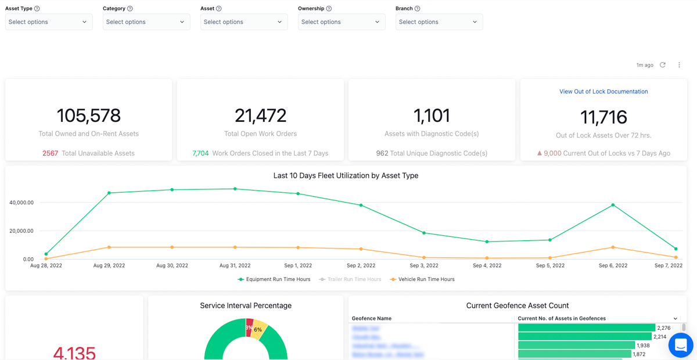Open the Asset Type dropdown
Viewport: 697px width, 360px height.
(49, 22)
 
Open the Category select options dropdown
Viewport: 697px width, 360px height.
(146, 22)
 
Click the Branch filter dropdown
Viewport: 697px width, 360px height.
(439, 22)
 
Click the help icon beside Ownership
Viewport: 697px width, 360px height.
(329, 9)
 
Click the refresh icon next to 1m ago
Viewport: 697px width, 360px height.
(663, 65)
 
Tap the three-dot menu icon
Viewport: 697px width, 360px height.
(679, 65)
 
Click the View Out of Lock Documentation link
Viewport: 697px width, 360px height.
(603, 92)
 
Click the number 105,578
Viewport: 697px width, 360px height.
(89, 116)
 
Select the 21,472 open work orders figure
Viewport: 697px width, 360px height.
(261, 116)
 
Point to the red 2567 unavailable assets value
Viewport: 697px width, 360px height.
(50, 153)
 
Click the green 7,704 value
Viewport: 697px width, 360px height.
(200, 153)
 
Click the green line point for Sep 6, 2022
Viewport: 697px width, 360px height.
(613, 205)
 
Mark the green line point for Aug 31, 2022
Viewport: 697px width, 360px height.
(235, 189)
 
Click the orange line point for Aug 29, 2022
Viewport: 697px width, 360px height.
(109, 247)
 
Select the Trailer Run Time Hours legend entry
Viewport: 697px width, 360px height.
(350, 279)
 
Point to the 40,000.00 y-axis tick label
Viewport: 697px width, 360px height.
(21, 203)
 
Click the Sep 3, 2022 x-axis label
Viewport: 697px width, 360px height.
(424, 265)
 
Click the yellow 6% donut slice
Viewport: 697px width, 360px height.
(259, 329)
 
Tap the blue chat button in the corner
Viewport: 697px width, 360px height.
(680, 345)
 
